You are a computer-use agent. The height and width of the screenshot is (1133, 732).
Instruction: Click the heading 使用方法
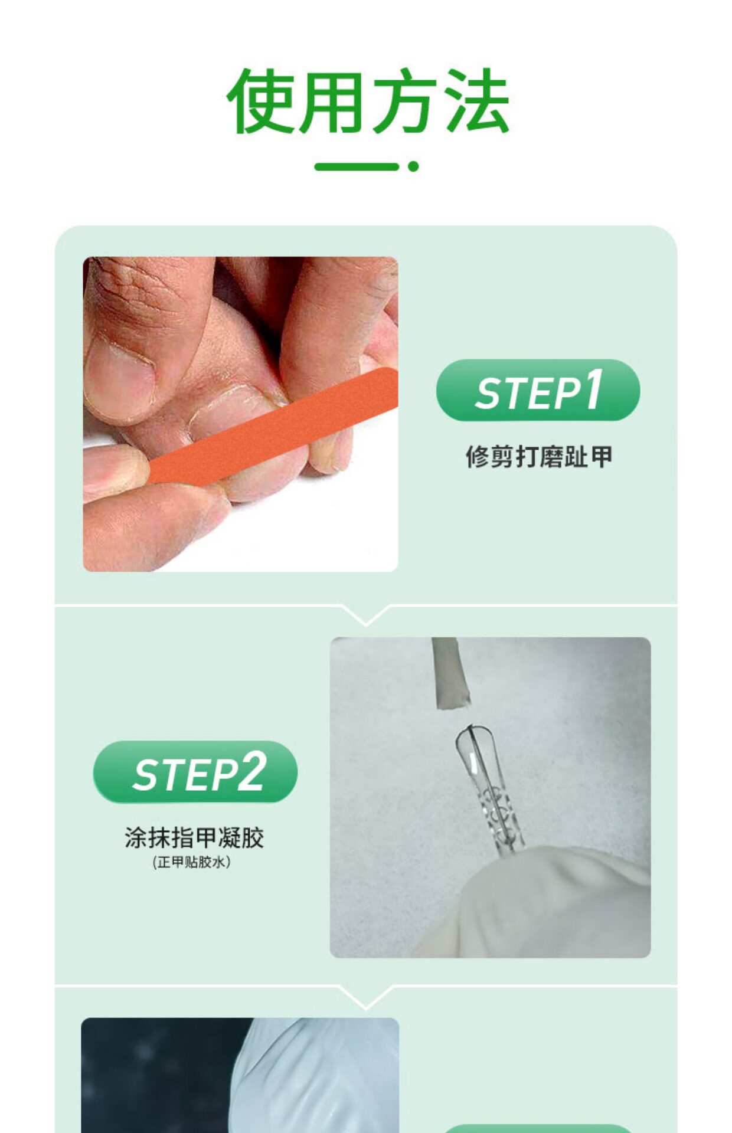[x=368, y=101]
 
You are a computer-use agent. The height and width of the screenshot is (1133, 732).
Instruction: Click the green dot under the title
[x=413, y=166]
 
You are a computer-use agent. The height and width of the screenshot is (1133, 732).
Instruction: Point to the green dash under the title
[x=357, y=166]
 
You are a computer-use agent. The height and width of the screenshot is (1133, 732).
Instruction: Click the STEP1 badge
[x=538, y=390]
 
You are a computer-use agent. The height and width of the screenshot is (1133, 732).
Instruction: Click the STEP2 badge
[x=195, y=771]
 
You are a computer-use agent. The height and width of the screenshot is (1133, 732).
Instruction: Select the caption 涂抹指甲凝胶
[x=194, y=838]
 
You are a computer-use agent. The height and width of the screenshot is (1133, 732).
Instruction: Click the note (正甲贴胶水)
[x=191, y=862]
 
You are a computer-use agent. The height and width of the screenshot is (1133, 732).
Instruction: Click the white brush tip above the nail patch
[x=450, y=673]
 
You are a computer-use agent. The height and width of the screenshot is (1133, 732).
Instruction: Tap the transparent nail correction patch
[x=489, y=791]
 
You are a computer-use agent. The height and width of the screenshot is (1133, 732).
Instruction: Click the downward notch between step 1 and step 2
[x=366, y=615]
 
